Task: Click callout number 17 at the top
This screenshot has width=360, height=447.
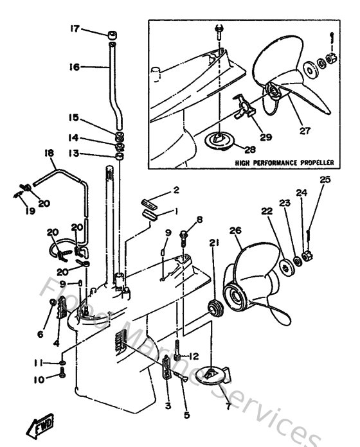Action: [x=75, y=28]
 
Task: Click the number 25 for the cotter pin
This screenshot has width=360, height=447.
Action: [x=325, y=180]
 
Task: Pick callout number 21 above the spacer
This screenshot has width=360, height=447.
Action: [x=213, y=242]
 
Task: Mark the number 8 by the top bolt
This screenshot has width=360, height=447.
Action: [x=199, y=220]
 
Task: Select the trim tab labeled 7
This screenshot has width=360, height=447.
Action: [x=213, y=377]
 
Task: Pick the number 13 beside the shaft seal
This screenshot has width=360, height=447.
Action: [x=74, y=154]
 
